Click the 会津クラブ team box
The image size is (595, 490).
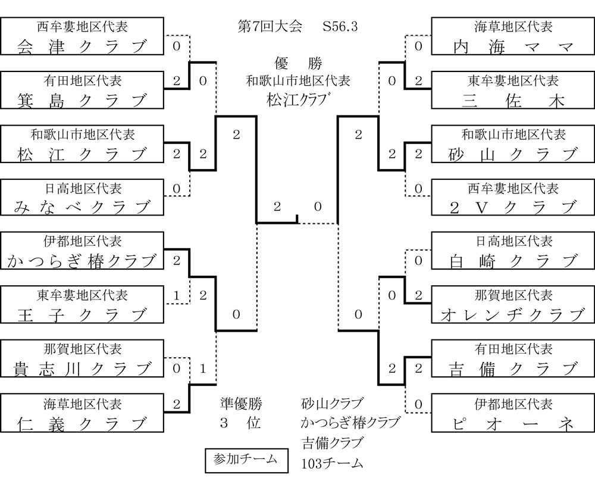(x=82, y=36)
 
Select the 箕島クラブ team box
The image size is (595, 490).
(x=82, y=90)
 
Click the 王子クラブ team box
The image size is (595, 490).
(x=82, y=304)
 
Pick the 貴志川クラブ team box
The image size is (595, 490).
(x=82, y=358)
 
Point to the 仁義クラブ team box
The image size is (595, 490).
(x=82, y=413)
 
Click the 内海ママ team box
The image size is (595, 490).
(x=513, y=36)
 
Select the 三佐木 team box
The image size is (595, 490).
(x=513, y=90)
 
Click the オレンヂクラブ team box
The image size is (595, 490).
(x=513, y=304)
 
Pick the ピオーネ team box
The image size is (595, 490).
(x=513, y=413)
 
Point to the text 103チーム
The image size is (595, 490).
(x=332, y=464)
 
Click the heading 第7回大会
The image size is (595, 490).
(x=270, y=27)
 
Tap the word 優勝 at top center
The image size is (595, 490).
(x=298, y=63)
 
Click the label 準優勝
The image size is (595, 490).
(x=240, y=404)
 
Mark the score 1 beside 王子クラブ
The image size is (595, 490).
(x=177, y=295)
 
